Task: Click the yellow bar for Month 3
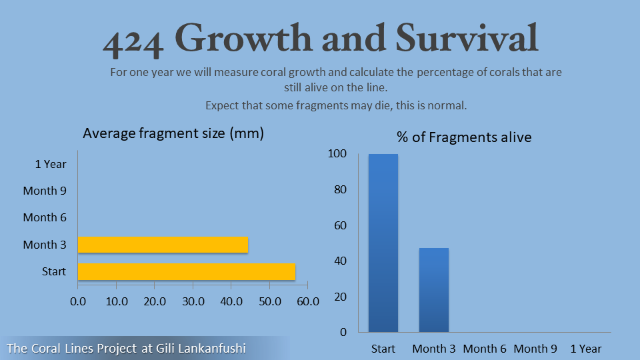(163, 245)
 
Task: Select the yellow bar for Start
(187, 271)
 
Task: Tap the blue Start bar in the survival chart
(383, 243)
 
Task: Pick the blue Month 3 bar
(434, 290)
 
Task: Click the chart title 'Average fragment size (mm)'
(173, 133)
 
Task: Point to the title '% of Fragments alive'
(464, 137)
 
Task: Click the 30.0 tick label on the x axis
(193, 301)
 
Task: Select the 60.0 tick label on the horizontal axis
(308, 301)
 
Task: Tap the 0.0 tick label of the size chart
(78, 301)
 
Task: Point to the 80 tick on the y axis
(340, 189)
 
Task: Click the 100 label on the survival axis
(337, 153)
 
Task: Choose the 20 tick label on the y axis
(340, 297)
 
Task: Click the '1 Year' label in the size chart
(51, 164)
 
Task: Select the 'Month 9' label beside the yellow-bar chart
(45, 191)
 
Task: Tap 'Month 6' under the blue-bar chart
(485, 349)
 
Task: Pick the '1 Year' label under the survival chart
(586, 349)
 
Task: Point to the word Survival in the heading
(467, 38)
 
